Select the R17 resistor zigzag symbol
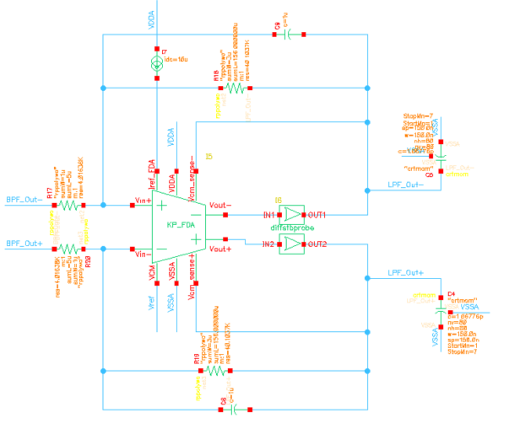click(69, 205)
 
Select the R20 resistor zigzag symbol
click(69, 250)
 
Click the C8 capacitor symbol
click(234, 408)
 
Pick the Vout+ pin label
click(220, 248)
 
